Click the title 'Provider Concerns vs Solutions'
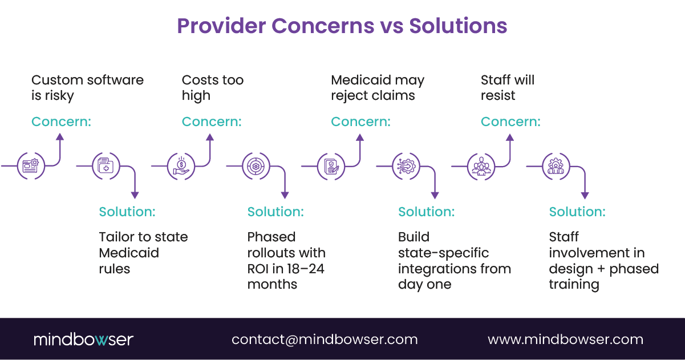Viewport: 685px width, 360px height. (x=342, y=26)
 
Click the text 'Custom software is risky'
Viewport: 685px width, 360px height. (x=87, y=88)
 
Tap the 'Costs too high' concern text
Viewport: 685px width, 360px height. (x=212, y=88)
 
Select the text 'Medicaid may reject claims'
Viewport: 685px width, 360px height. (x=378, y=88)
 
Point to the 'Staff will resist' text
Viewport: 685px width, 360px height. (x=507, y=88)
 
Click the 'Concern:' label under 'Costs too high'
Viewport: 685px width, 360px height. (x=211, y=122)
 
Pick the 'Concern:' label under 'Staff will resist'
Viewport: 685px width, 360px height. (x=510, y=122)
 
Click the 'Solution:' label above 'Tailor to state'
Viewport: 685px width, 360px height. (x=127, y=212)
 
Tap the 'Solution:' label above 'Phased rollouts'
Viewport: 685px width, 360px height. (x=275, y=212)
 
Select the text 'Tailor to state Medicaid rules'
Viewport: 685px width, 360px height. (x=143, y=253)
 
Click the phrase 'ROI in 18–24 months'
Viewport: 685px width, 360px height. (x=286, y=276)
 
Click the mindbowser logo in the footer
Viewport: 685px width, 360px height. (x=83, y=339)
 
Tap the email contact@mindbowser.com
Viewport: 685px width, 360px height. (x=325, y=339)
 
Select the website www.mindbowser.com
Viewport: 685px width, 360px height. (x=565, y=339)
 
